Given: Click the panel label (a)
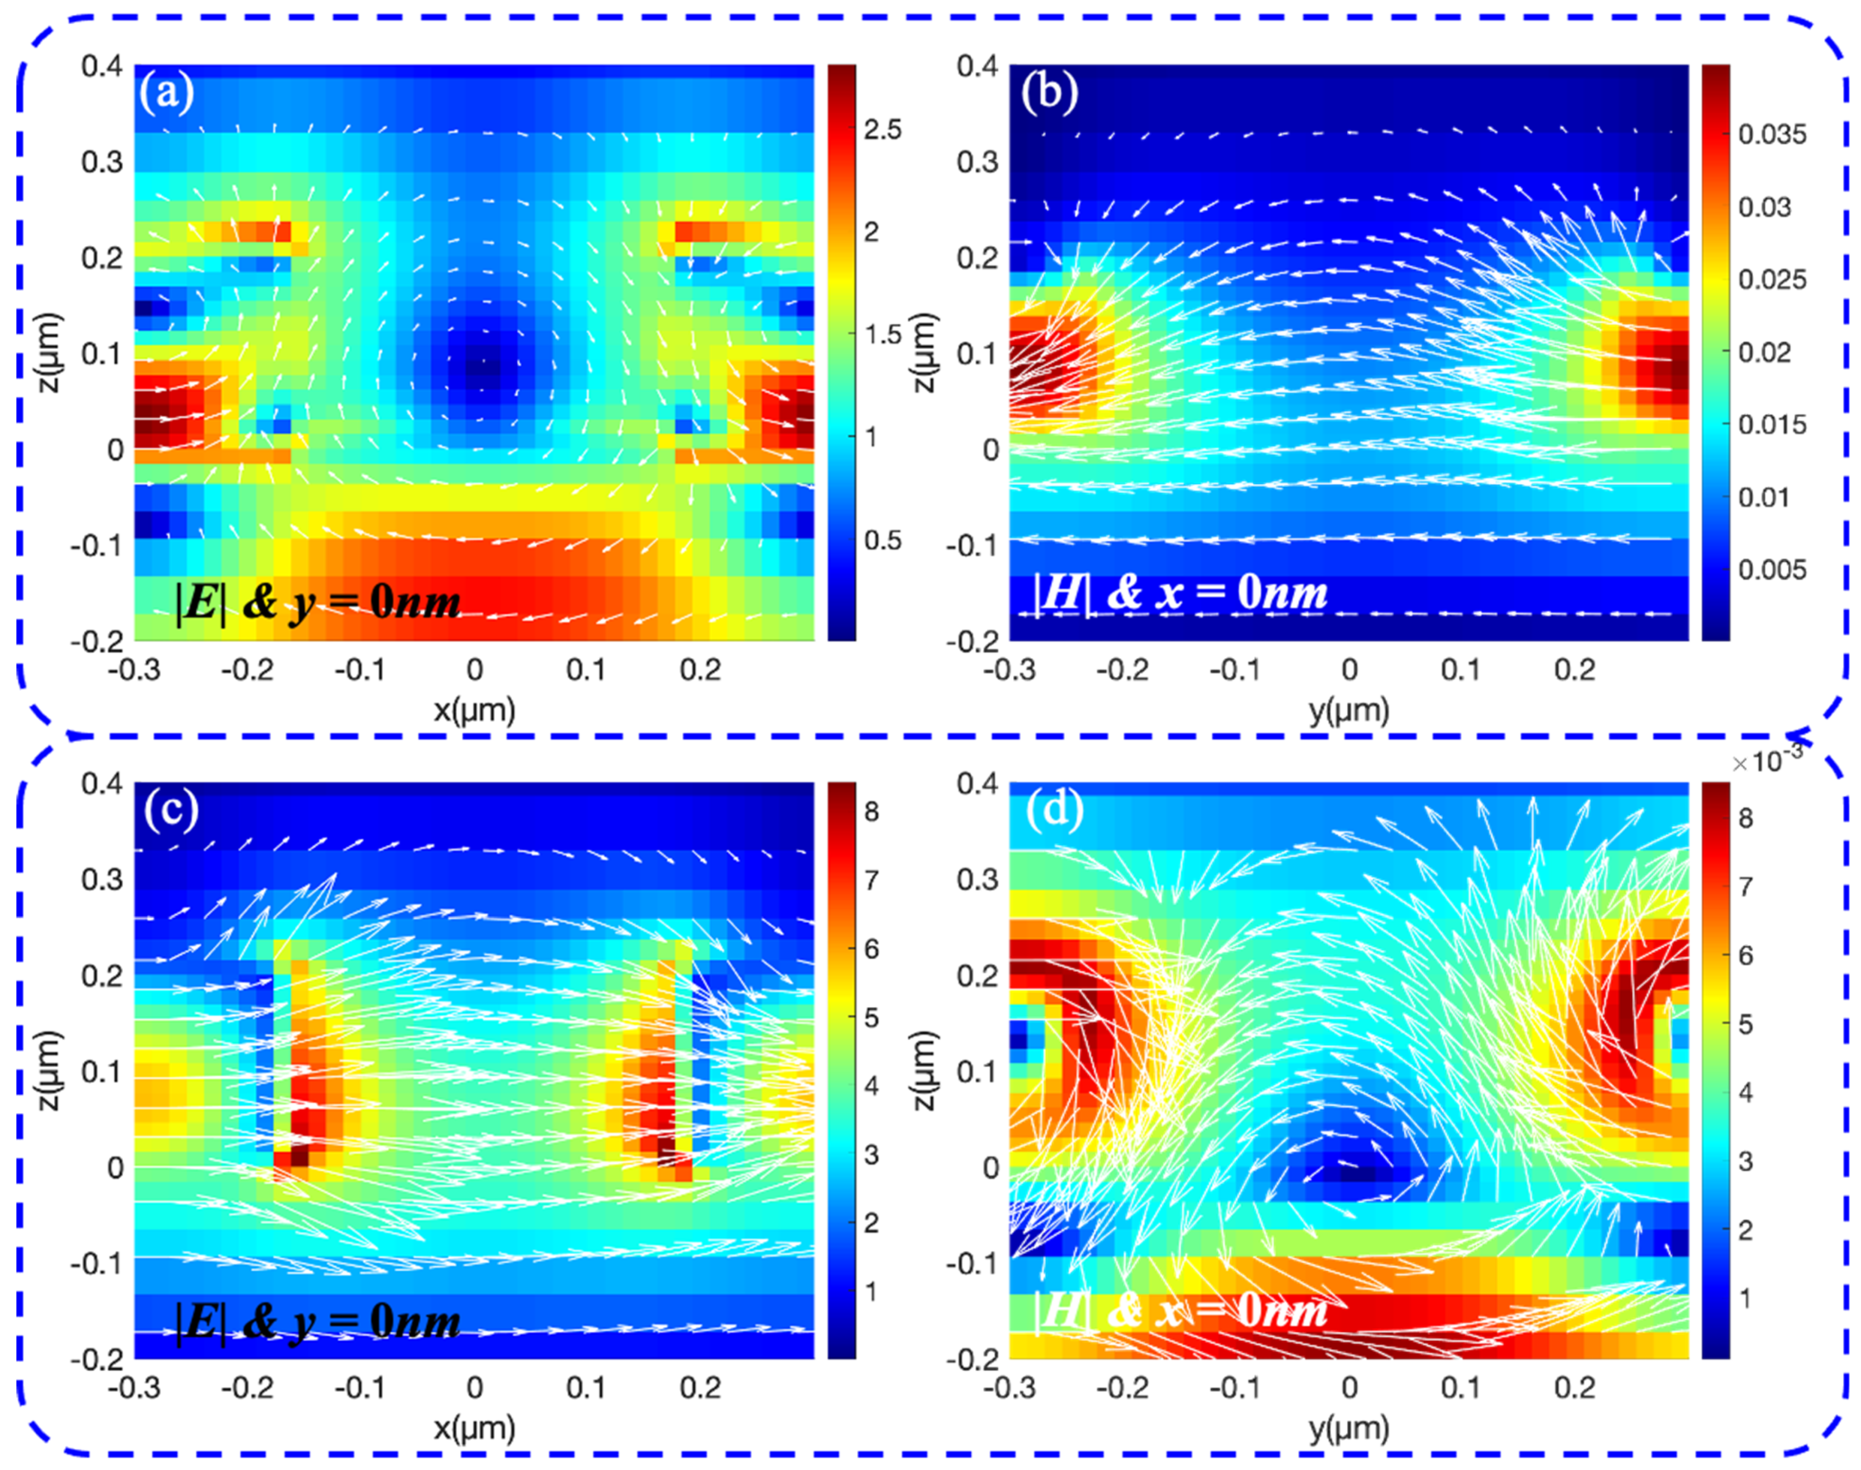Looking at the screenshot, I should point(167,92).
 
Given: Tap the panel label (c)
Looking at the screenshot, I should point(171,810).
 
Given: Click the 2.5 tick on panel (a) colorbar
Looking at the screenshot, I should point(883,130).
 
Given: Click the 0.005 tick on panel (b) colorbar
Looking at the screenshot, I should point(1771,570).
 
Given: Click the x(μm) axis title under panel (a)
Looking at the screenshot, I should point(474,710).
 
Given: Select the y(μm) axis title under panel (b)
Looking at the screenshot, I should point(1349,710).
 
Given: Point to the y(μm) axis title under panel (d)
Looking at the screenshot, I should point(1349,1429).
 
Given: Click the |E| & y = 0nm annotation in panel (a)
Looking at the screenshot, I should point(318,602).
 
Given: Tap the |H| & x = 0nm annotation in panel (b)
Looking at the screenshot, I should point(1181,593).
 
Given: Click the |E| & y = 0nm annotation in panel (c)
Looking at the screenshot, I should point(318,1321).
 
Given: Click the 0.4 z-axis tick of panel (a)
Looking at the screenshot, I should point(101,66).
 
